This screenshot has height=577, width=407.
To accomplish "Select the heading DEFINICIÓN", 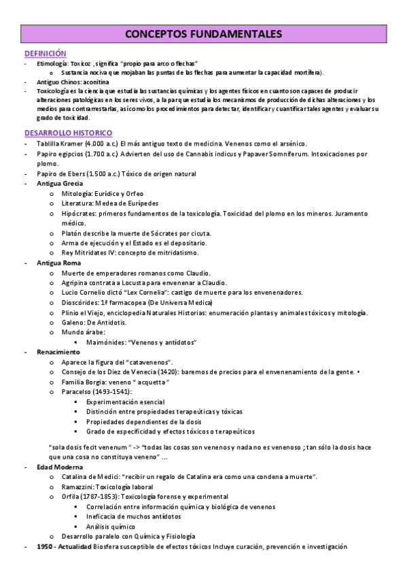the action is pyautogui.click(x=46, y=52).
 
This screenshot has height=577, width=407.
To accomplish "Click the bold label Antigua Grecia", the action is pyautogui.click(x=60, y=184).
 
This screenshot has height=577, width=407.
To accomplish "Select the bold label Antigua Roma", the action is pyautogui.click(x=59, y=263).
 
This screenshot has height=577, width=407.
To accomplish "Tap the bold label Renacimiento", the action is pyautogui.click(x=58, y=352).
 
